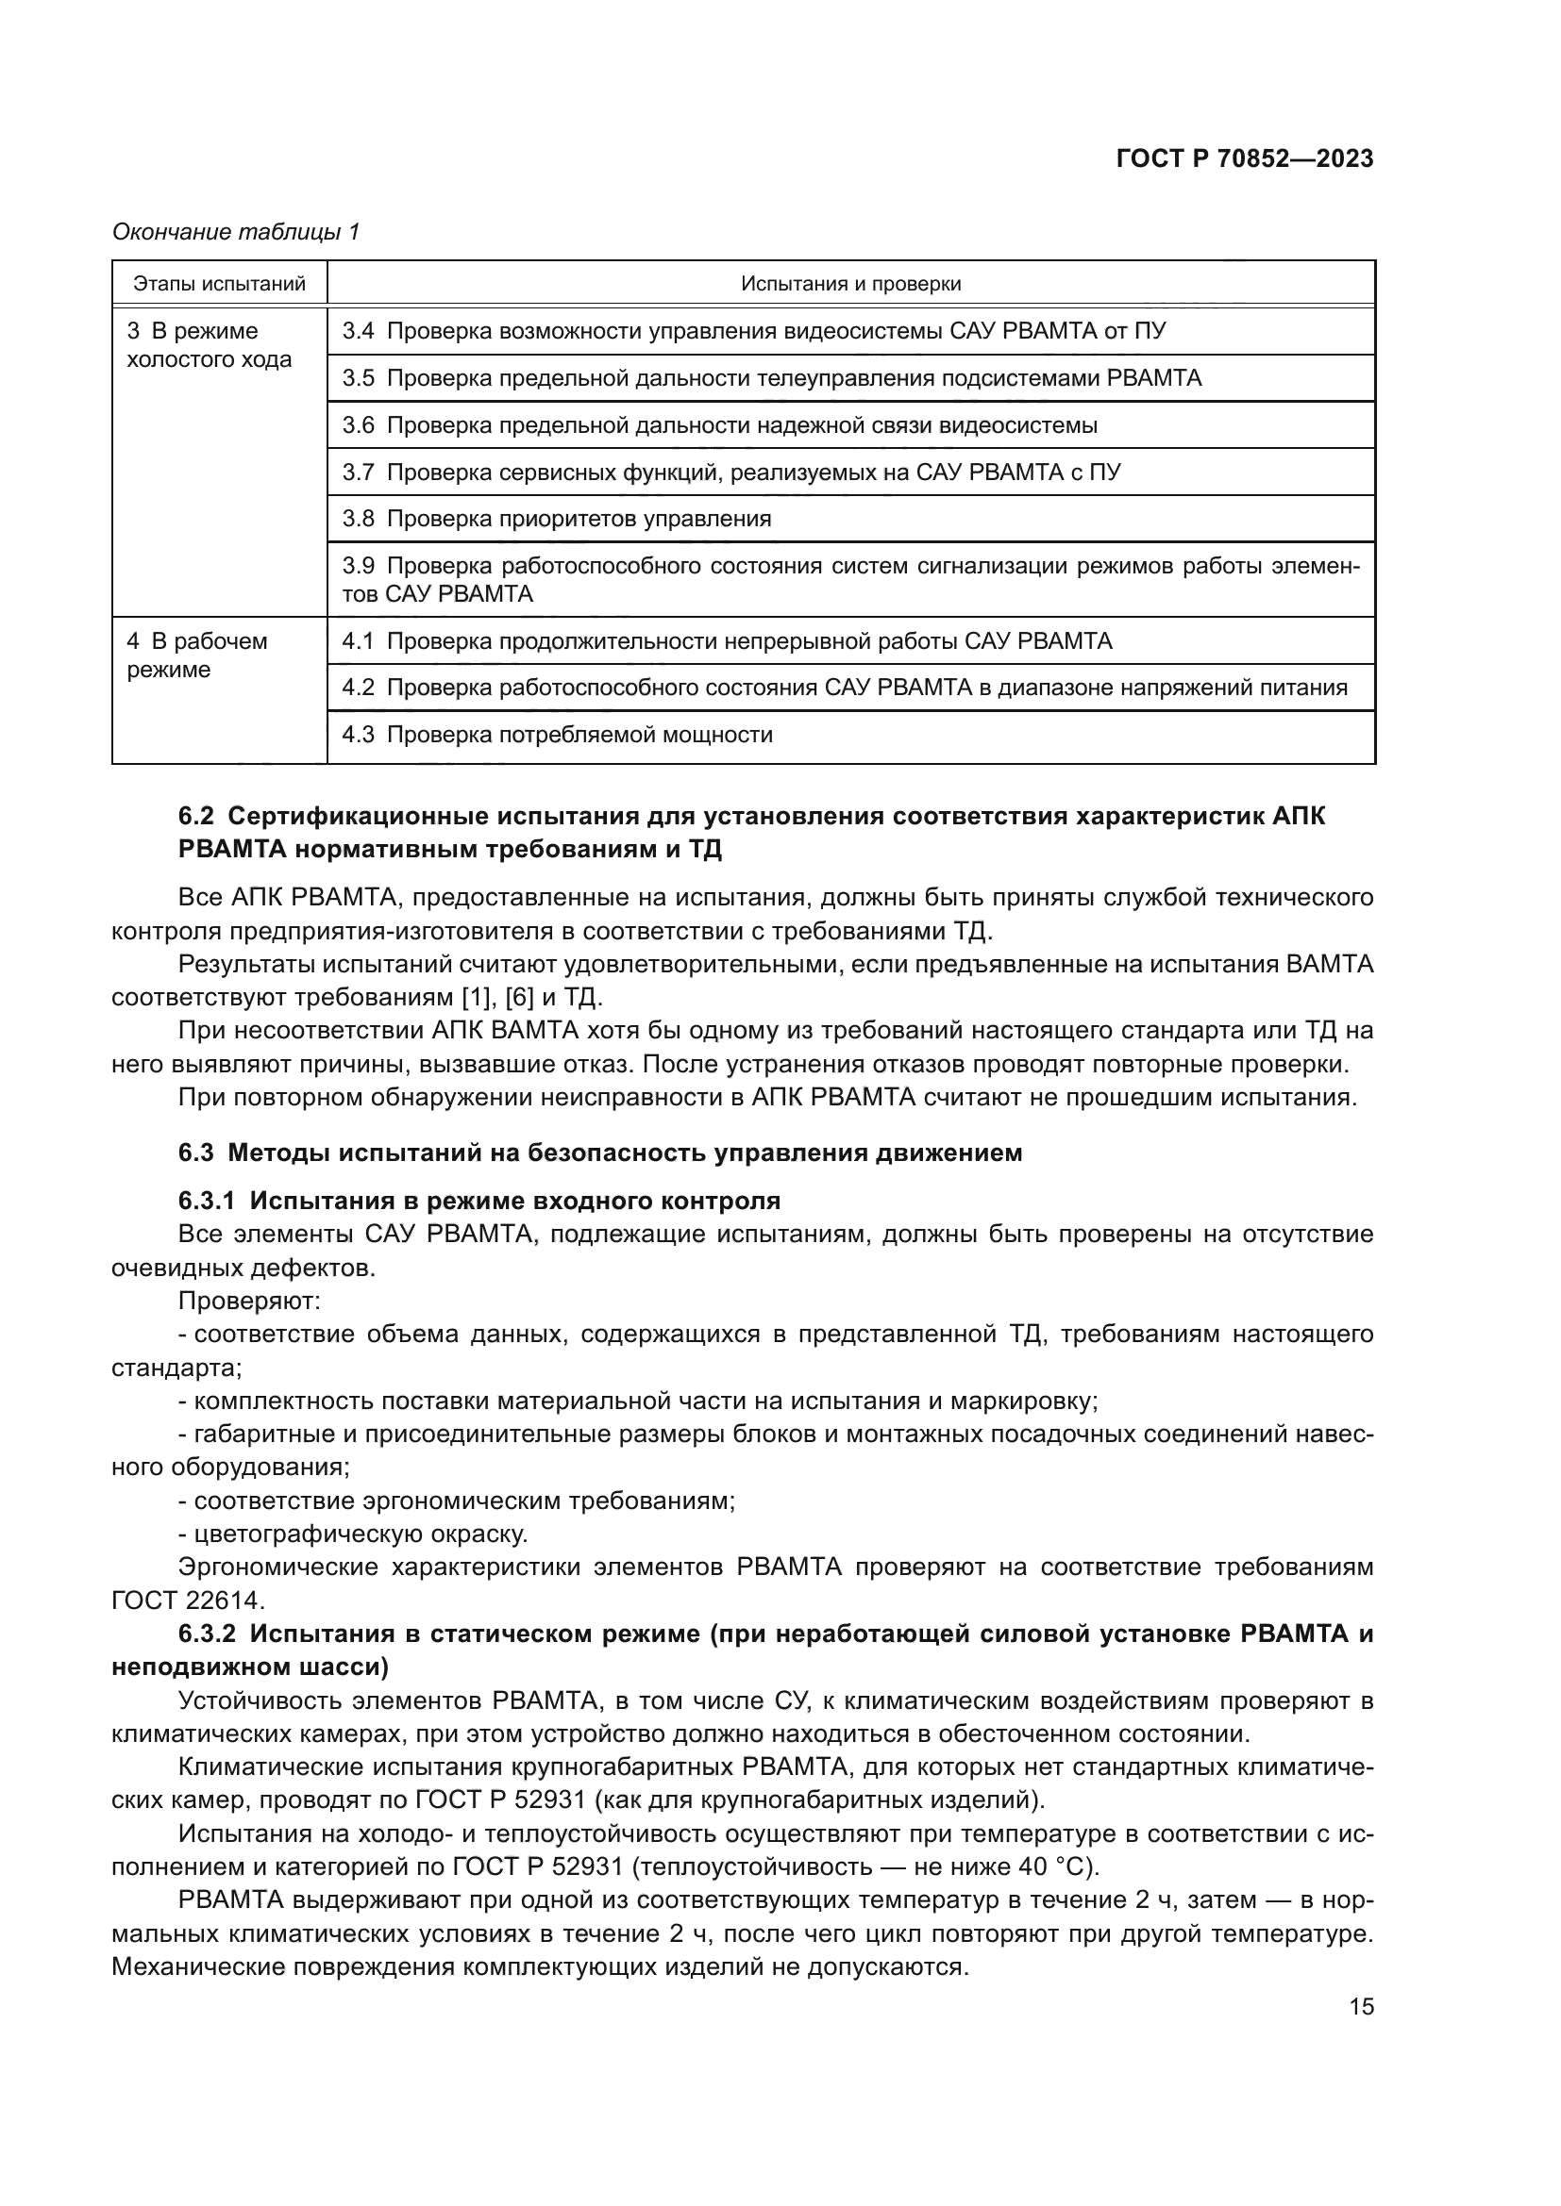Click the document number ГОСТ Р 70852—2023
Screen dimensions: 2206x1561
[x=1244, y=159]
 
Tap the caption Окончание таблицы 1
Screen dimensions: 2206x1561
[x=236, y=232]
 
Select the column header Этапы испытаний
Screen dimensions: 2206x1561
[x=219, y=284]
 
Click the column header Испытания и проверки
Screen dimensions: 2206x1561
[x=850, y=284]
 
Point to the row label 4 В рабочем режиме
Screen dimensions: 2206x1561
[x=197, y=655]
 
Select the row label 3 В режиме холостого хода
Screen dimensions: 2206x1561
[x=209, y=346]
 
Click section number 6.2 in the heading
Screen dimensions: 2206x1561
[x=198, y=817]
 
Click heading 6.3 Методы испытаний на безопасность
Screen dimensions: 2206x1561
[x=600, y=1153]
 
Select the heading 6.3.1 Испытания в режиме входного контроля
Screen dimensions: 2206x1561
[x=478, y=1201]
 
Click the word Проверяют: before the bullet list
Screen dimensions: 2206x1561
[x=249, y=1302]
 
